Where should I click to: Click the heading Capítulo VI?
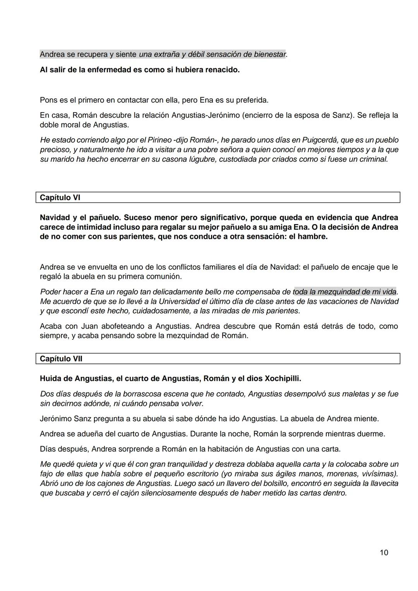[60, 198]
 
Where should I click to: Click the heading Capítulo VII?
[61, 359]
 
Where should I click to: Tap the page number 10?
[384, 553]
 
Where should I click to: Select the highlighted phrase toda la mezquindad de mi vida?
[344, 292]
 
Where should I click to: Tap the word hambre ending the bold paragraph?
[312, 236]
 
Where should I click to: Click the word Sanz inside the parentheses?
[342, 115]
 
